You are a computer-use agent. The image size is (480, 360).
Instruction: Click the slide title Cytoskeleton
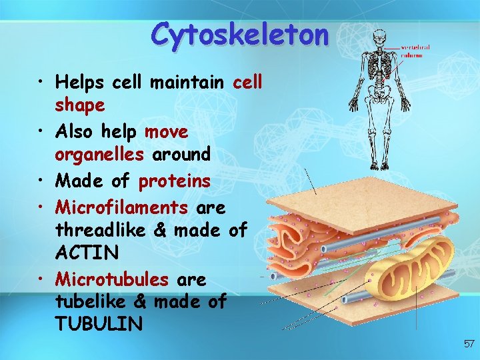pos(239,33)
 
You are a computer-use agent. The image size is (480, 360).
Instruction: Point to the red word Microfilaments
pos(122,207)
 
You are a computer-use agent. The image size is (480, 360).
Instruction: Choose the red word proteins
pos(175,181)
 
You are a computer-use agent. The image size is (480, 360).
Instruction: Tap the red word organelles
pos(99,155)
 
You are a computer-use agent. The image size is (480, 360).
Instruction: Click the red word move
pos(167,131)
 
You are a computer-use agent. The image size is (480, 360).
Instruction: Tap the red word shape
pos(80,105)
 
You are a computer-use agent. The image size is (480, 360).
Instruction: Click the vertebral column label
pos(415,51)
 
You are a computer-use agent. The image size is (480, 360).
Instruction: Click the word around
pos(181,155)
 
